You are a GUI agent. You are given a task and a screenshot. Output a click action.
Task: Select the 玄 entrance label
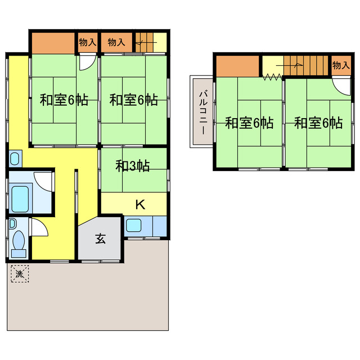(x=100, y=238)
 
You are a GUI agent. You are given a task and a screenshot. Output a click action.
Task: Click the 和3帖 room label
(x=132, y=166)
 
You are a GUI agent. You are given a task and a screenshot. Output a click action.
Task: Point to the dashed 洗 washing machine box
(x=20, y=274)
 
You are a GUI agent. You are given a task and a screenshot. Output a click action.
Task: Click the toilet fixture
(x=18, y=242)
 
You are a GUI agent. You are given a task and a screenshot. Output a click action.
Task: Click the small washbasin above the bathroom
(x=15, y=158)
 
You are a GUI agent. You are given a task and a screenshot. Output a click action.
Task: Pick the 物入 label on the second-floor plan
(x=340, y=66)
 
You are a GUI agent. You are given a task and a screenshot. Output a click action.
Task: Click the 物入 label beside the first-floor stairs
(x=116, y=42)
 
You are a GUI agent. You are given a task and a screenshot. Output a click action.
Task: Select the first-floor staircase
(x=150, y=42)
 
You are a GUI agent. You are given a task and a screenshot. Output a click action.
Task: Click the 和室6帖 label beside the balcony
(x=249, y=123)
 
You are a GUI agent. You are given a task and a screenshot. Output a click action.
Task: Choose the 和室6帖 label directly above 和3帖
(x=133, y=100)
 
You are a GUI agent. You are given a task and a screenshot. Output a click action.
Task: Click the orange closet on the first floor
(x=53, y=42)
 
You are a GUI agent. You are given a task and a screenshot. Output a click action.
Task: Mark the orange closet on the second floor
(x=236, y=66)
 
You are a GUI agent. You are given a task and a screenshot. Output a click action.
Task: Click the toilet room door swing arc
(x=37, y=227)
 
